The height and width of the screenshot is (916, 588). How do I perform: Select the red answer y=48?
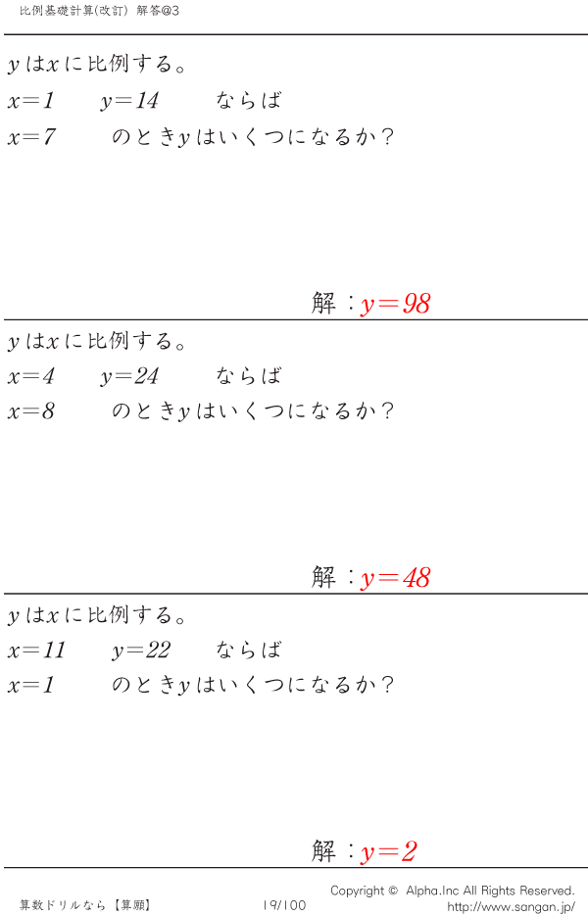coord(396,578)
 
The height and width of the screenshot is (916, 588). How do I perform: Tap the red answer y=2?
coord(389,851)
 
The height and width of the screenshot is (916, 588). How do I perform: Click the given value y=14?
coord(129,101)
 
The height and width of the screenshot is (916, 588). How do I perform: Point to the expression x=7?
coord(31,137)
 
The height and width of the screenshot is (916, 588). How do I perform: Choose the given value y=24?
coord(129,376)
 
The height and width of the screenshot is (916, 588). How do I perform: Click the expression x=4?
coord(31,375)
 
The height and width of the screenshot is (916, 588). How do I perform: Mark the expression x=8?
coord(31,411)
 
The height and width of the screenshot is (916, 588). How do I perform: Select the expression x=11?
coord(37,650)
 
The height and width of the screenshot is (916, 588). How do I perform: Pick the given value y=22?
coord(141,651)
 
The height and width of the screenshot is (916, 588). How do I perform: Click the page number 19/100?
coord(284,905)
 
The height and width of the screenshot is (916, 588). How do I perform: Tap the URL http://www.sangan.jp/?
coord(511,906)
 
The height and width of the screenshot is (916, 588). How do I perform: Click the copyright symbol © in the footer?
coord(393,891)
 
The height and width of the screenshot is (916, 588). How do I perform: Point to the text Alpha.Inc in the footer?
coord(432,891)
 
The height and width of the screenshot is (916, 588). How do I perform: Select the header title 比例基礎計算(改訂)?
coord(73,11)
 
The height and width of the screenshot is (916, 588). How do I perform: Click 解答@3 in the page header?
coord(158,11)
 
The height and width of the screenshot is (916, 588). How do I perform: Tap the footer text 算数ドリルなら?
coord(63,905)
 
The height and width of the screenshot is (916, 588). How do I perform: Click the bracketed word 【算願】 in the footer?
coord(132,905)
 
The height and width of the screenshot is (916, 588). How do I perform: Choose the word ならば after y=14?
coord(249,101)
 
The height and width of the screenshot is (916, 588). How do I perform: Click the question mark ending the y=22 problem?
coord(386,685)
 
